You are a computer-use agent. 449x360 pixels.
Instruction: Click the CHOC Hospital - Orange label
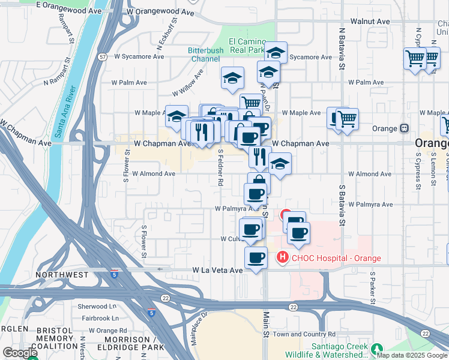(336, 259)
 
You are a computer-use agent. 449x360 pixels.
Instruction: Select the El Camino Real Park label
(246, 46)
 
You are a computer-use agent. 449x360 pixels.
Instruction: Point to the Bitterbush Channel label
(205, 54)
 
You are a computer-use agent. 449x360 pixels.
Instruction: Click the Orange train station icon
(404, 128)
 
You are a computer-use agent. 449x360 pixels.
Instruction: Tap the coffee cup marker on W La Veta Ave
(256, 259)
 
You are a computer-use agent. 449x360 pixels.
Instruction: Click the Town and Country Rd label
(304, 334)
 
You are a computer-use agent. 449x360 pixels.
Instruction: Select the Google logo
(20, 353)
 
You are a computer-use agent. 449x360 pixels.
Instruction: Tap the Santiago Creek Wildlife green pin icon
(376, 349)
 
